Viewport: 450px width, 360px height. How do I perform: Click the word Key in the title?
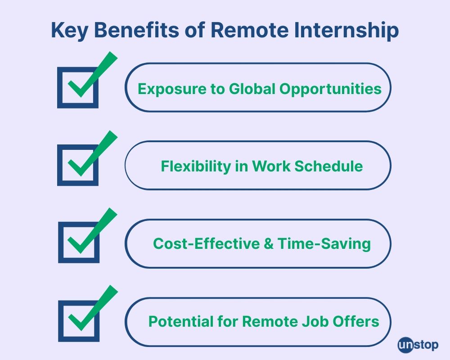[69, 30]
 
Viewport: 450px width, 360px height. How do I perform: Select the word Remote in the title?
[249, 29]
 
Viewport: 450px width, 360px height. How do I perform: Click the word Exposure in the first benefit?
[172, 90]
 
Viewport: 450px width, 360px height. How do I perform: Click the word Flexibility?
[196, 166]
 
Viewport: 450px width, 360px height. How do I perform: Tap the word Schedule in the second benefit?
[328, 166]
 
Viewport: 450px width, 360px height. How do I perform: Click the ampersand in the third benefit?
[268, 244]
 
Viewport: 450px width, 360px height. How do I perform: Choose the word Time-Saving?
[324, 244]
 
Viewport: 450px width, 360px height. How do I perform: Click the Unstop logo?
[418, 345]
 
